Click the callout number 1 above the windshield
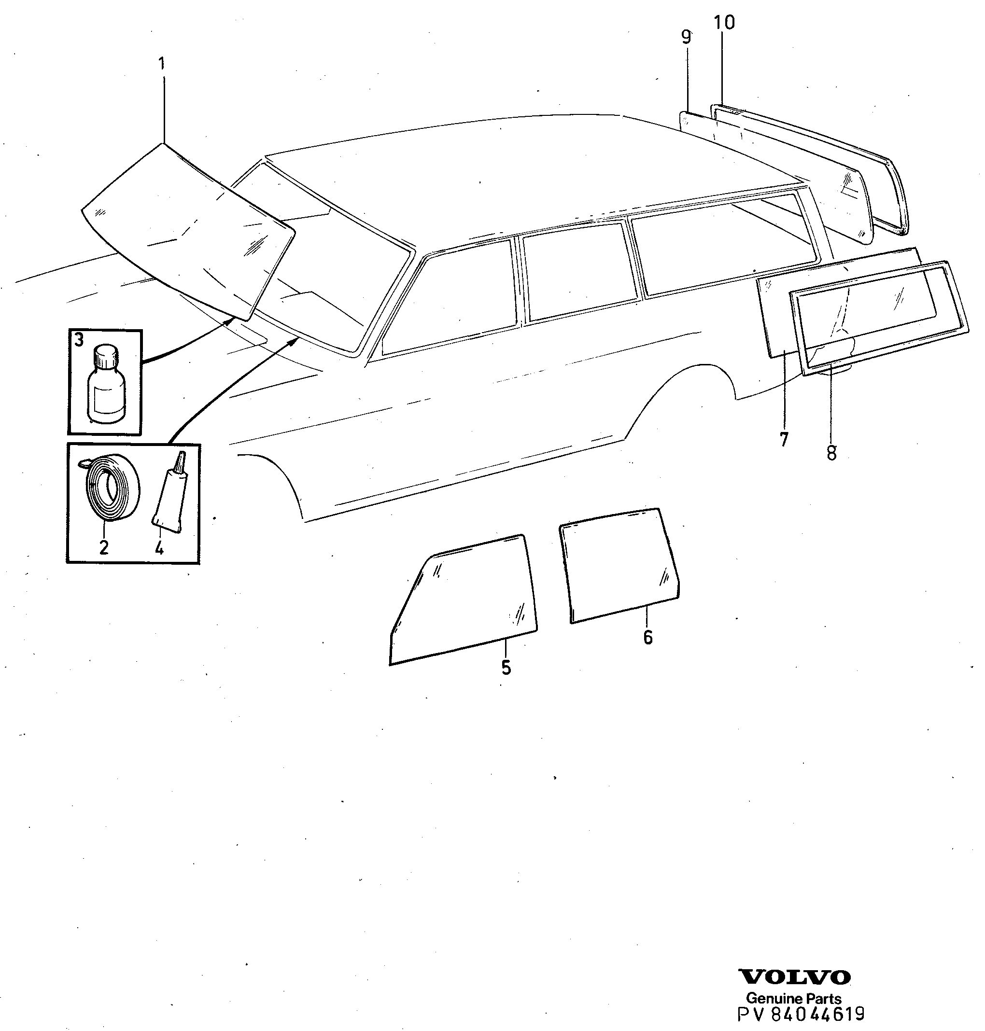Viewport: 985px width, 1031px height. point(161,65)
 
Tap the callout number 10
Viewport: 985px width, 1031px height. point(725,23)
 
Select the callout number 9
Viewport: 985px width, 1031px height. point(686,37)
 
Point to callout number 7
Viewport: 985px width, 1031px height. point(784,439)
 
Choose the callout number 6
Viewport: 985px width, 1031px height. point(648,637)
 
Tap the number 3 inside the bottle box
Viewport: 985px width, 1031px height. point(79,340)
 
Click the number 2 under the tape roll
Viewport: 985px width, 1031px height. point(104,547)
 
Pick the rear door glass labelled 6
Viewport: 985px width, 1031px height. point(620,566)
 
